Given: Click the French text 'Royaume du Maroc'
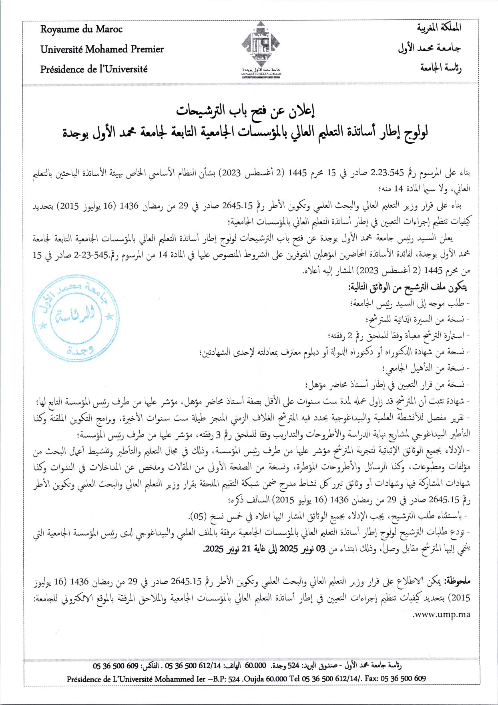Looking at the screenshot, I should coord(81,29).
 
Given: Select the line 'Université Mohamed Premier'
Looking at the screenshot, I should coord(102,49).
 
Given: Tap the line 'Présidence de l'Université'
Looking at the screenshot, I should coord(94,69).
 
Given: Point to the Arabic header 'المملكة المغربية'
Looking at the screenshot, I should coord(439,28).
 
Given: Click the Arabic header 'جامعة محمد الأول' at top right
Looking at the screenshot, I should coord(430,48).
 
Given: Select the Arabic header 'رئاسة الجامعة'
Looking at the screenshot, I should coord(441,68).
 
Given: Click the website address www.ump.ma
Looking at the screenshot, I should coord(441,615).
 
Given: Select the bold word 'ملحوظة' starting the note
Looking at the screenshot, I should coord(457,581).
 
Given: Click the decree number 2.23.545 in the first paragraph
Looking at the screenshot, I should coord(387,173).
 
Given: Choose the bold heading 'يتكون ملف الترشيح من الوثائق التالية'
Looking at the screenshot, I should coord(407,287).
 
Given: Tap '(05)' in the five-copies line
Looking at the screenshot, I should coord(198,517).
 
